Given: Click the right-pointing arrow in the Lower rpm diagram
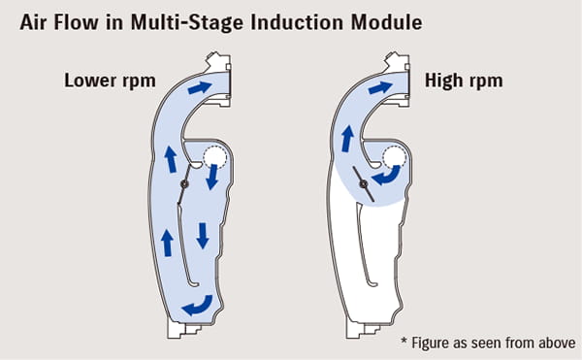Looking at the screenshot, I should pyautogui.click(x=197, y=87).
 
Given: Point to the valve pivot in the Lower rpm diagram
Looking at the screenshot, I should pyautogui.click(x=184, y=184).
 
